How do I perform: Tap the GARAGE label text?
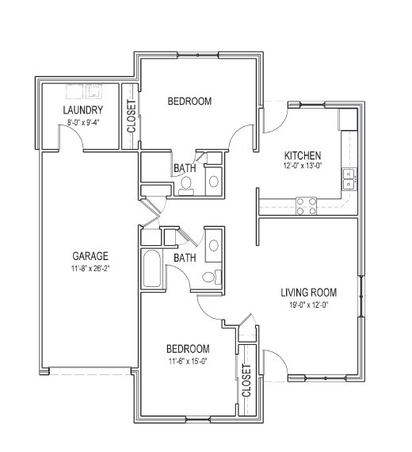(90, 255)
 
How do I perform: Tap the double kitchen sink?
(348, 179)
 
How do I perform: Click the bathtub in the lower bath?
(153, 270)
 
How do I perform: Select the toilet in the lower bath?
(209, 277)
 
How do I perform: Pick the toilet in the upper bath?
(185, 185)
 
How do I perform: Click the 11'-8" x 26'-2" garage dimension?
(90, 268)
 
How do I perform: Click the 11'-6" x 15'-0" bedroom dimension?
(187, 361)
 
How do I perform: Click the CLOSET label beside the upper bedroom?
(131, 116)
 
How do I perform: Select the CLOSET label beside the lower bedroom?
(246, 380)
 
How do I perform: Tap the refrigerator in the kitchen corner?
(348, 120)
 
